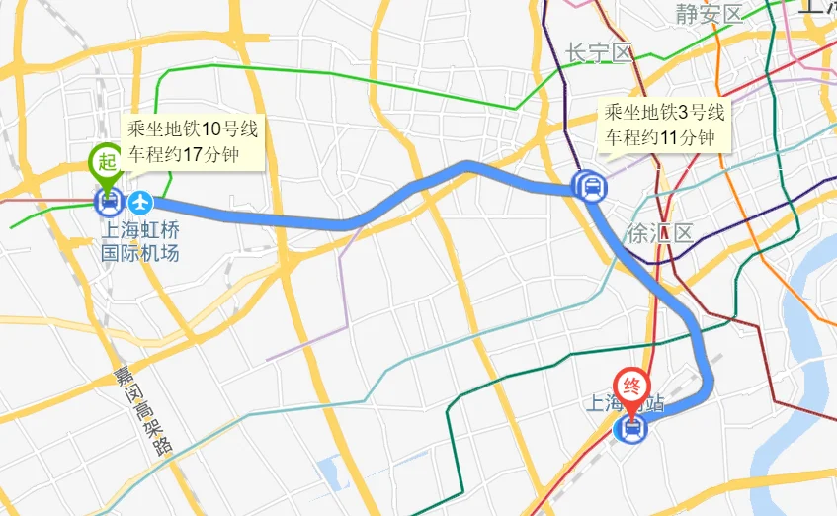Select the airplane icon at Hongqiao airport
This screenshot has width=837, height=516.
coord(141,203)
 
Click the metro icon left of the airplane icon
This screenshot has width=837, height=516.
coord(107,203)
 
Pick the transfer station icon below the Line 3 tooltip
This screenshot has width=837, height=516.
coord(590,185)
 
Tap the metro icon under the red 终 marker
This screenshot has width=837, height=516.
coord(631,428)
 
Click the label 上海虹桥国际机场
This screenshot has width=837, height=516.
coord(140,242)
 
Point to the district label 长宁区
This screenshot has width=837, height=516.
coord(597,52)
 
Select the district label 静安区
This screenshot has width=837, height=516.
coord(708,14)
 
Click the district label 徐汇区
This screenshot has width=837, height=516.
coord(659,234)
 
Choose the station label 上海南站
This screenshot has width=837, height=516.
coord(626,404)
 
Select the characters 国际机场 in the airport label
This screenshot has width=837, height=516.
coord(140,253)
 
